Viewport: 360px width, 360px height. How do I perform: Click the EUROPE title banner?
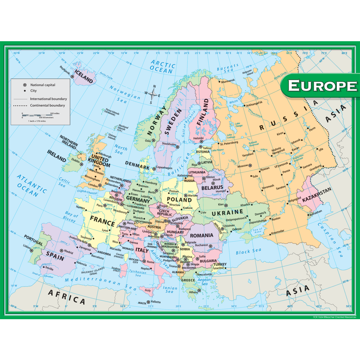coord(322,86)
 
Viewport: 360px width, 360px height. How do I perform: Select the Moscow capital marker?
coord(250,165)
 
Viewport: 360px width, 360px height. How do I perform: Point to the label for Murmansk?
coord(228,80)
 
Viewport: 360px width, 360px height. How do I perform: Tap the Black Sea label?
coord(248,251)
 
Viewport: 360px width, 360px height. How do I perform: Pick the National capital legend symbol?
coord(25,85)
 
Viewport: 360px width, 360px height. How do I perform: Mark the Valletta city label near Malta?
coord(156,302)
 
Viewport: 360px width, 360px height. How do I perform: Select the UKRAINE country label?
coord(227,212)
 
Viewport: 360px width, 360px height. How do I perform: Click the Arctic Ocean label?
coord(162,66)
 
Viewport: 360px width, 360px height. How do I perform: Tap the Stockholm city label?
coord(169,144)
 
